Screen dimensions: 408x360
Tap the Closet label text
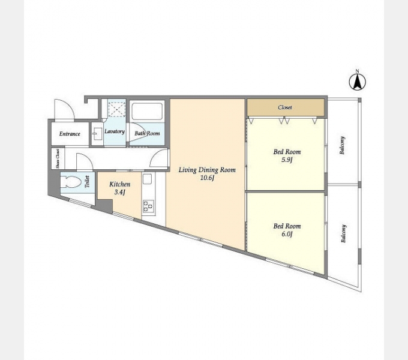click(x=285, y=107)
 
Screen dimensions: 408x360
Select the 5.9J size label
click(x=287, y=160)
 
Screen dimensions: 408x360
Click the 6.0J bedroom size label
click(x=287, y=234)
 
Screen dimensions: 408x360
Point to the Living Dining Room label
click(x=207, y=170)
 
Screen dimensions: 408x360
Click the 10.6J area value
click(x=207, y=178)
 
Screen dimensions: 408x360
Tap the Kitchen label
click(x=119, y=184)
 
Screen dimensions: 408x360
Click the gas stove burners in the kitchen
click(x=148, y=205)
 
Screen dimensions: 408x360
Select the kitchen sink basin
click(x=147, y=179)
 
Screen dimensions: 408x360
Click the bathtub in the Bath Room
click(x=147, y=112)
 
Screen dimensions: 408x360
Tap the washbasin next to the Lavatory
click(x=96, y=134)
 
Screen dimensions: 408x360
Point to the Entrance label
click(x=70, y=134)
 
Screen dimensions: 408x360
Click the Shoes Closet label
click(x=58, y=158)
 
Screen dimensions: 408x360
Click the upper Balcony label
click(x=343, y=145)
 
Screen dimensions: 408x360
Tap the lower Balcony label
click(x=344, y=233)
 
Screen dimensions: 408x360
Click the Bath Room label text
click(x=147, y=133)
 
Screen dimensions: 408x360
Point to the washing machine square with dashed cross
click(x=117, y=110)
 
